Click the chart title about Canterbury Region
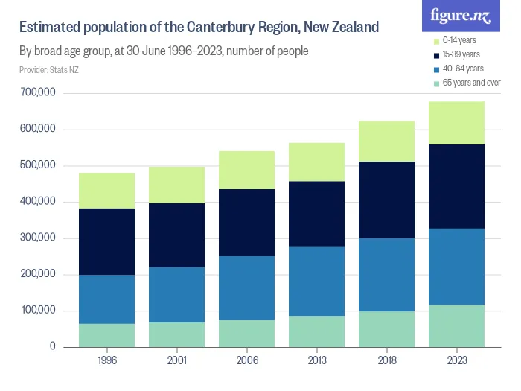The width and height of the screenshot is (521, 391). [199, 28]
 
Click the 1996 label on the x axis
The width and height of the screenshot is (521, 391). [106, 361]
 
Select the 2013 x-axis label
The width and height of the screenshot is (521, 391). [316, 361]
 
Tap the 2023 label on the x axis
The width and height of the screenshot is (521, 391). [456, 361]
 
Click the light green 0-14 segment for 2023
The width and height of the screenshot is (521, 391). [456, 123]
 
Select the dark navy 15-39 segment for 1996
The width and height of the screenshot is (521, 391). [106, 241]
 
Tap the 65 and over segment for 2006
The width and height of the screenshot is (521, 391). [246, 333]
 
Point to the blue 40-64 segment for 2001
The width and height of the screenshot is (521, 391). [176, 294]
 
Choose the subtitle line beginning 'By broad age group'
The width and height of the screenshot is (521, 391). [164, 51]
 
